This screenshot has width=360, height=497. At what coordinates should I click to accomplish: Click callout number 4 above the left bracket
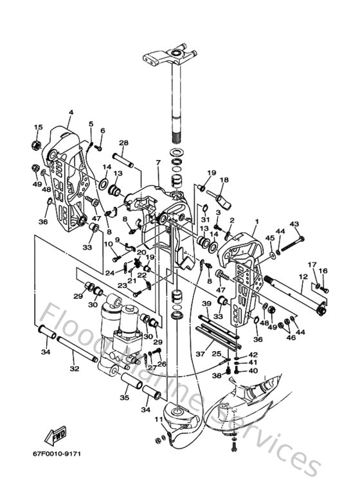(71, 113)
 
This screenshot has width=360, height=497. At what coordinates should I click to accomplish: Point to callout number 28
(123, 143)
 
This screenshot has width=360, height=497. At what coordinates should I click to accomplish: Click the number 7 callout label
(157, 163)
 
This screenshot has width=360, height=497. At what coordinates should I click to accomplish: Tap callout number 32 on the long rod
(75, 369)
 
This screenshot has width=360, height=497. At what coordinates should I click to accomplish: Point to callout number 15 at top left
(38, 127)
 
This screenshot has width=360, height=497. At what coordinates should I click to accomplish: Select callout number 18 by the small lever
(224, 181)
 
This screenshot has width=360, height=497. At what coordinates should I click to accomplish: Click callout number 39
(206, 303)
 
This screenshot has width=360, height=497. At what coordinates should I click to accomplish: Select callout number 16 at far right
(323, 271)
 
